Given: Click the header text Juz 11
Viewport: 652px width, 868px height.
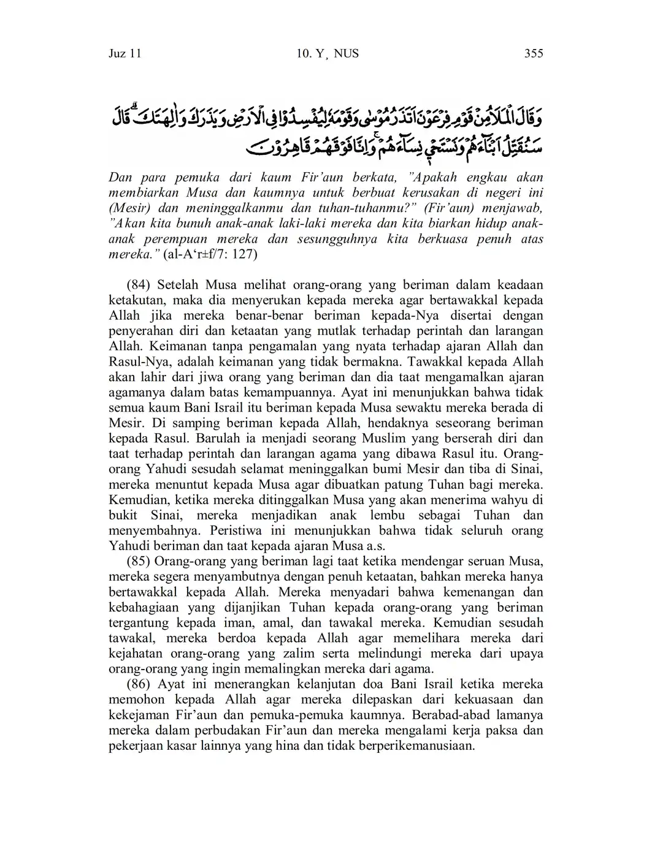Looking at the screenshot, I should point(125,54).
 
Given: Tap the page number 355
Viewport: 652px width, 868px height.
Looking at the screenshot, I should point(533,54).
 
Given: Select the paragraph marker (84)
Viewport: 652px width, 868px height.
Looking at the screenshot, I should point(139,285).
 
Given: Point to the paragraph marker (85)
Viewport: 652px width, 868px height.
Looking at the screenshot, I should point(139,561).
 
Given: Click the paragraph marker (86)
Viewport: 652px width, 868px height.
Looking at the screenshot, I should point(139,684).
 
